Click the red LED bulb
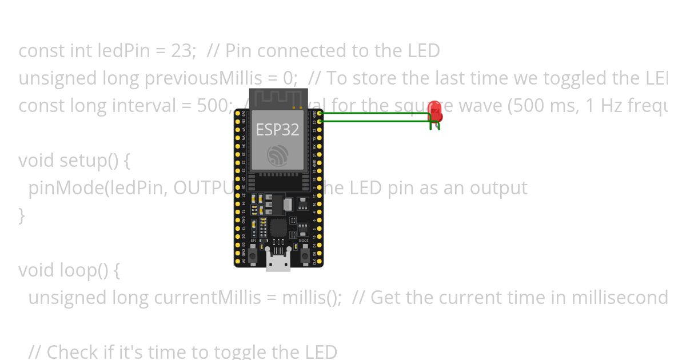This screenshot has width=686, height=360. [434, 111]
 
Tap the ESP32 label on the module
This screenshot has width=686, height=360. [277, 130]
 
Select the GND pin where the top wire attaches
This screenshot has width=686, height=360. [320, 114]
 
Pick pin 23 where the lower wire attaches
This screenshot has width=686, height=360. [320, 121]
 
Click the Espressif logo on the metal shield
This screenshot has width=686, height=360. [278, 155]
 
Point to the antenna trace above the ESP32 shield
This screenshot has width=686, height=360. [278, 99]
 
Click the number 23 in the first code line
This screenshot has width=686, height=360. [182, 51]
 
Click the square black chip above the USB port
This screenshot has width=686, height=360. [278, 227]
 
